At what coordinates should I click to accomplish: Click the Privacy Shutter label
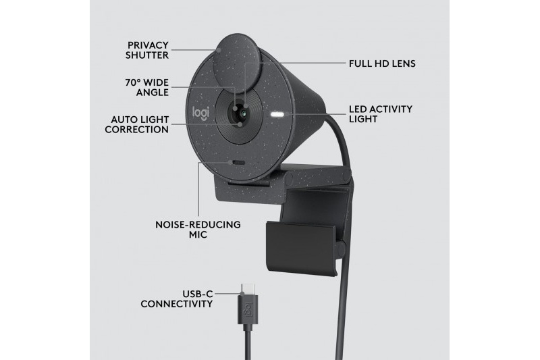(147, 50)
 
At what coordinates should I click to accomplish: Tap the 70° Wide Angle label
(147, 88)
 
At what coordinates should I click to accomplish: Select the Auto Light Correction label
(137, 124)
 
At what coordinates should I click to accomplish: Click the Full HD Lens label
(382, 63)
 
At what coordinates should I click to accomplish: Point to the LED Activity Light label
(381, 114)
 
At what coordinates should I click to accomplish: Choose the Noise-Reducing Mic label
(198, 230)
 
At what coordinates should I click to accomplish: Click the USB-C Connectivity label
(177, 299)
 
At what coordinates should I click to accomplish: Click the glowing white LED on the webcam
(277, 115)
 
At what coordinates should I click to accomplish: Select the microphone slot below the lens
(238, 163)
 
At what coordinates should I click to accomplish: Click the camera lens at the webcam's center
(243, 113)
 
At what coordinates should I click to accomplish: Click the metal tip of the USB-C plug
(247, 288)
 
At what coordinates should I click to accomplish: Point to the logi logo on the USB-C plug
(248, 310)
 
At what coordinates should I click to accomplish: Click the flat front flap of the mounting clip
(301, 248)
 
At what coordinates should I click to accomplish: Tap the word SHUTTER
(147, 55)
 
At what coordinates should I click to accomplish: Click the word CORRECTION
(137, 130)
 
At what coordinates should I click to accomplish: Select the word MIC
(198, 234)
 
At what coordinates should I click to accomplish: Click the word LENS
(403, 63)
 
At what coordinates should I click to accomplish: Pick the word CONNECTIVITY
(177, 304)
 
